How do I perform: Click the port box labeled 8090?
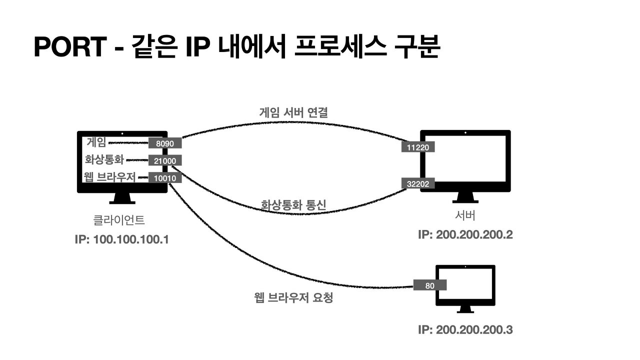coord(165,143)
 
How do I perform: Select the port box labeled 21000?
coord(165,160)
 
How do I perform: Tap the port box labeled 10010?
coord(165,177)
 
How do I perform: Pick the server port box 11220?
coord(418,147)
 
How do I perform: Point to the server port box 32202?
coord(418,183)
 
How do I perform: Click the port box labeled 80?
coord(430,286)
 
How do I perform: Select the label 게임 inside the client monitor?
coord(96,142)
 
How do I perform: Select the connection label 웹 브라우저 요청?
coord(293,299)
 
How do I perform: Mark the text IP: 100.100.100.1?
coord(121,239)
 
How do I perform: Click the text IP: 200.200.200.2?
coord(465,234)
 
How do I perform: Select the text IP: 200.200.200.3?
coord(465,330)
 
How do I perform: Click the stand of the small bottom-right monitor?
coord(465,309)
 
